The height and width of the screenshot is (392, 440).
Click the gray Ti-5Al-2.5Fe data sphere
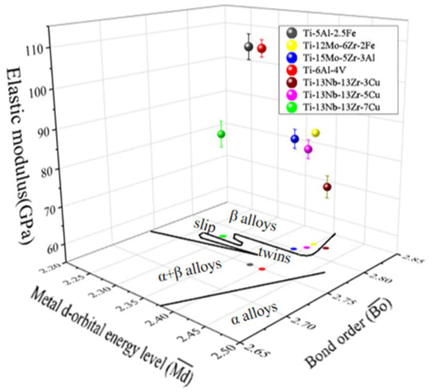(249, 46)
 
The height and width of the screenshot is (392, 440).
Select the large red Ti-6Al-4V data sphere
(262, 49)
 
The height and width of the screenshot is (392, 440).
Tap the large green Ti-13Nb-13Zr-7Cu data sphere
(222, 134)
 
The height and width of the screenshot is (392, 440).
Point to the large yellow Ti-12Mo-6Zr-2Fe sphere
(315, 133)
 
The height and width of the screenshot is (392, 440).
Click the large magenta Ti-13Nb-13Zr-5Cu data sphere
(308, 150)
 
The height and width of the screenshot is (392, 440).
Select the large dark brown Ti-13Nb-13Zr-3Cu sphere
(326, 187)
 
